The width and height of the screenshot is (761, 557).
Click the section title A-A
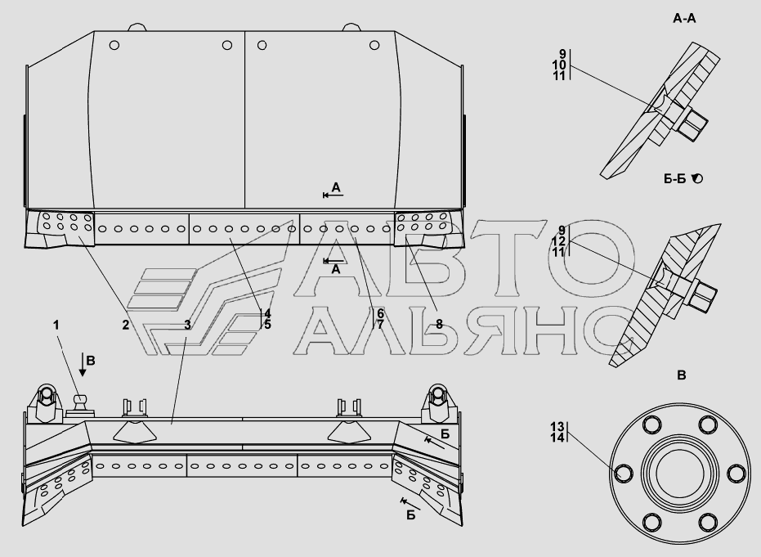(x=684, y=19)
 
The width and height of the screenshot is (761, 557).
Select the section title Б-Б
(x=674, y=179)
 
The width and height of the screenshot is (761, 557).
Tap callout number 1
(x=56, y=325)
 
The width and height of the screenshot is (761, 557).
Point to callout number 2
(x=126, y=325)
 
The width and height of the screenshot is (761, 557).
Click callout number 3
(x=188, y=325)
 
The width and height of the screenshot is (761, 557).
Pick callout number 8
(x=439, y=325)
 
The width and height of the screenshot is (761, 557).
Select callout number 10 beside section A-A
(x=559, y=65)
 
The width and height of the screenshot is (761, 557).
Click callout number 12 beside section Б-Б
(x=559, y=241)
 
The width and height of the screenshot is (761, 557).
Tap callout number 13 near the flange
(x=557, y=427)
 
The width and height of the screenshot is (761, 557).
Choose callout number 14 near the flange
(x=557, y=438)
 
